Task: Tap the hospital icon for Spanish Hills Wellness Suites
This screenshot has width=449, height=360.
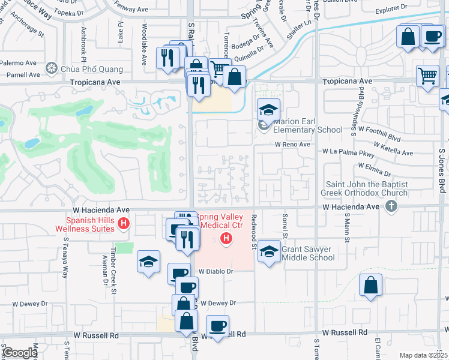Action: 124,225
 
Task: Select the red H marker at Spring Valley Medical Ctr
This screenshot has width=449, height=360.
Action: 226,239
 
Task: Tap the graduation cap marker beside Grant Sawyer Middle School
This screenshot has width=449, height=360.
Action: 269,252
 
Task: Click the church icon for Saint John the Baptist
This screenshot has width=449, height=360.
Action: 391,206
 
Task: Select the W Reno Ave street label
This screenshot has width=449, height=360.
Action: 293,145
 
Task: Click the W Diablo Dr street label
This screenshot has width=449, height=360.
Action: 215,271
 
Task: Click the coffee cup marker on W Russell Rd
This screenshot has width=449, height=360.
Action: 217,326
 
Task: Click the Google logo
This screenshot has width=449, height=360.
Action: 20,353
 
